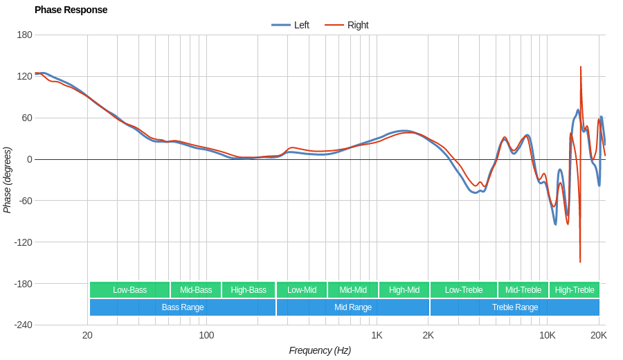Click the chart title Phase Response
coord(71,10)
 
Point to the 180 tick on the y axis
coord(24,35)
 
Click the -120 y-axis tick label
coord(23,242)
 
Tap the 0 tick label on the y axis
coord(29,159)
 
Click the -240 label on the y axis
coord(23,325)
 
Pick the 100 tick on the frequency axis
coord(206,335)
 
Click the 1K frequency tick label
coord(377,335)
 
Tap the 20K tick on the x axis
coord(599,335)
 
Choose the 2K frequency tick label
coord(428,335)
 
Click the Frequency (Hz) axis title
coord(320,350)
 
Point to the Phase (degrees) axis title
coord(8,180)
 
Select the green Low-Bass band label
coord(129,290)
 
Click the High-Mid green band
coord(404,290)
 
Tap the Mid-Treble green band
coord(523,290)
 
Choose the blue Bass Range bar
coord(182,307)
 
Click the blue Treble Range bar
coord(514,307)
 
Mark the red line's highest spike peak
coord(580,67)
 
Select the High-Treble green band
coord(574,290)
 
